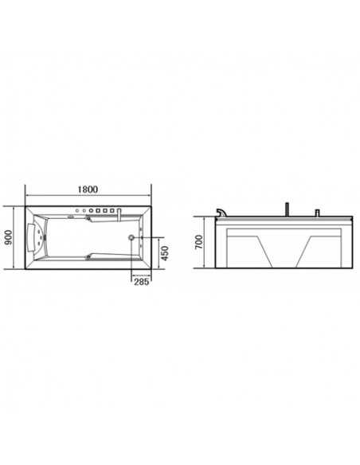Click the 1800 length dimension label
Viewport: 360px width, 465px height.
(88, 190)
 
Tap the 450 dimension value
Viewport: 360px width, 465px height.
(164, 254)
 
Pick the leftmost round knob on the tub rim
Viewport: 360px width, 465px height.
(82, 211)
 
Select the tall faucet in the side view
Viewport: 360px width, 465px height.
(285, 211)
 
